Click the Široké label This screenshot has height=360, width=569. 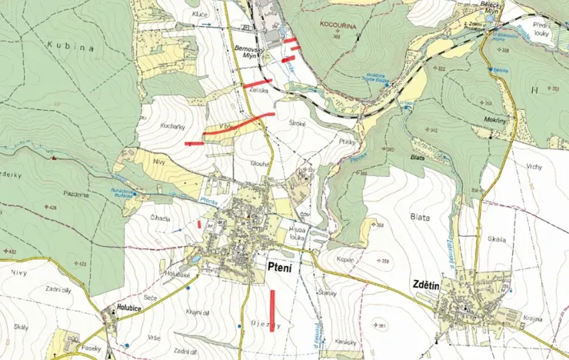click(298, 123)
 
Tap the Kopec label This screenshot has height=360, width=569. click(345, 260)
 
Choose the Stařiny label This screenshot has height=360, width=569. click(328, 293)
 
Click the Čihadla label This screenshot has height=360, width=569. click(160, 218)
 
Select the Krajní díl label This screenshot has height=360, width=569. click(199, 312)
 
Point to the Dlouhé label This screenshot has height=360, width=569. click(259, 164)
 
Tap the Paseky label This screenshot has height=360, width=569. click(92, 348)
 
